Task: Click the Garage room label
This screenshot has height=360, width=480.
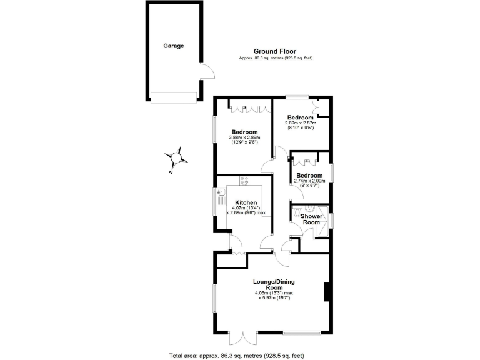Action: (174, 46)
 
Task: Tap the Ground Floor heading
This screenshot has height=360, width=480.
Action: (276, 51)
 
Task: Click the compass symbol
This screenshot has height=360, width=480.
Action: (177, 156)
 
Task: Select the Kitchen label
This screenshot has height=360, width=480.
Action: (246, 203)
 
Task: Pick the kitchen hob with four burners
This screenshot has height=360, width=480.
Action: (244, 181)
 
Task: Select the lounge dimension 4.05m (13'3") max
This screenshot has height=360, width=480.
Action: (274, 293)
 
